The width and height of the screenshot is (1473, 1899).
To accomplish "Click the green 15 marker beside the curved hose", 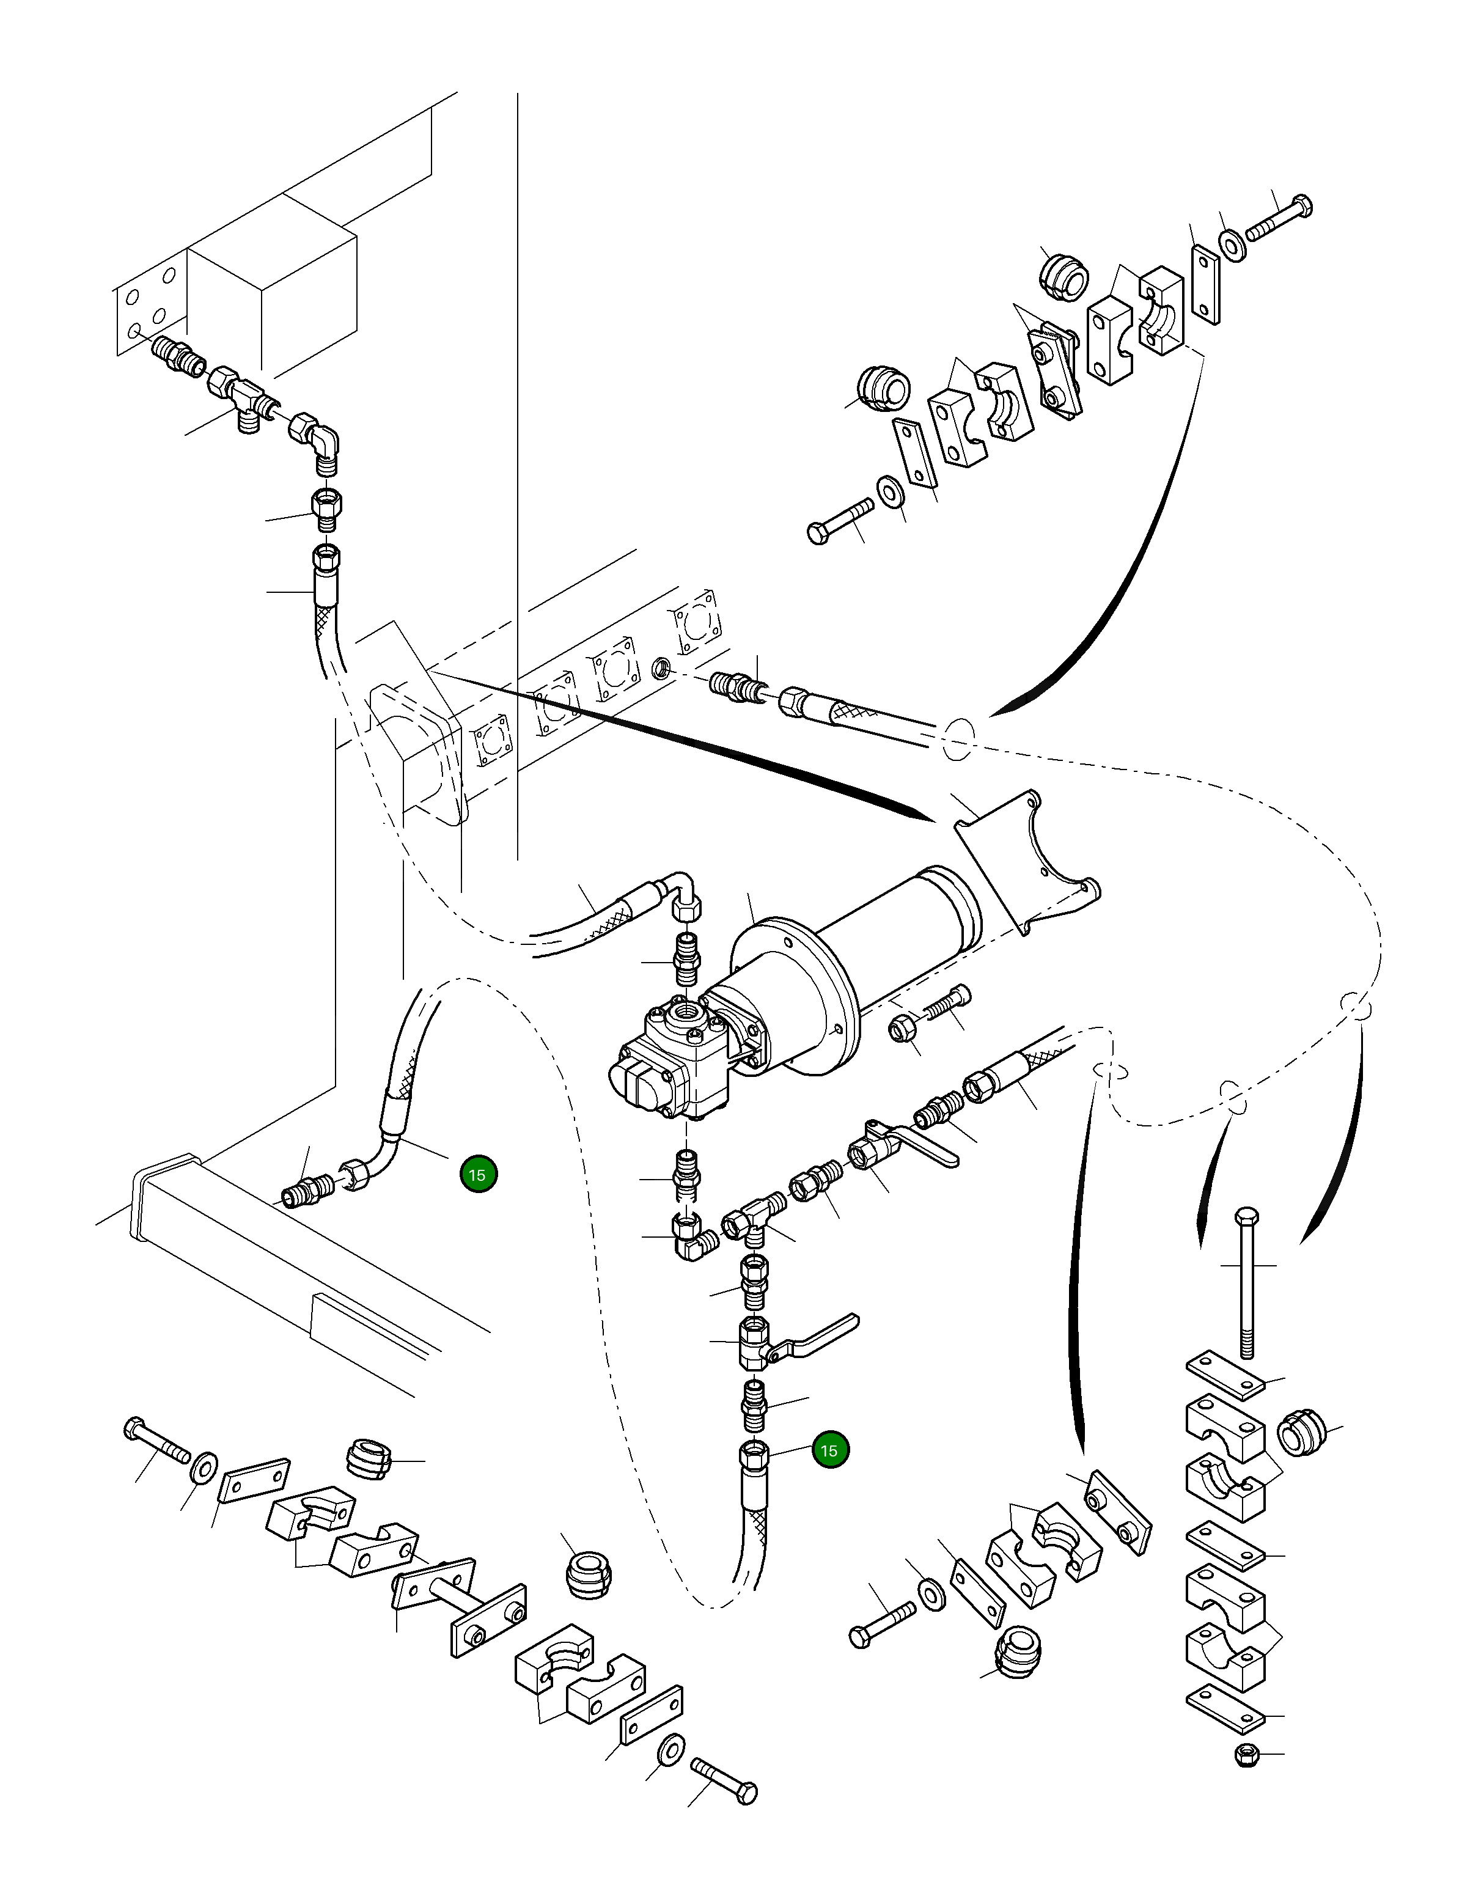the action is (478, 1175).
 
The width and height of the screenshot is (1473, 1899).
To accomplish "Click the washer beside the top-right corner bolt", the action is (1233, 244).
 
